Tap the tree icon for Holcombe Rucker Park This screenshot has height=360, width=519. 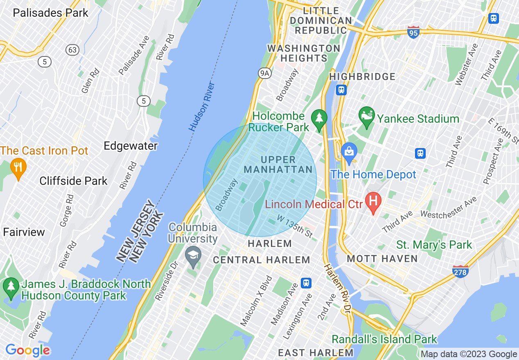point(318,119)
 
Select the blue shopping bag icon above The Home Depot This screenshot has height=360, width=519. point(349,152)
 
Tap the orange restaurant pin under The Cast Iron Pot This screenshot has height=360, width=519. point(18,167)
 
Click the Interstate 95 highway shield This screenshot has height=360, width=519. point(413,32)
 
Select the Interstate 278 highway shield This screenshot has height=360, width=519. point(460,272)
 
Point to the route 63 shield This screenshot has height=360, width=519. point(72,50)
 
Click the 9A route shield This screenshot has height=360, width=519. point(265,73)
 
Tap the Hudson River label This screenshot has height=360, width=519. point(202,107)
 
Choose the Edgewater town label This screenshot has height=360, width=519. point(130,146)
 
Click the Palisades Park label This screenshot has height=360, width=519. point(50,13)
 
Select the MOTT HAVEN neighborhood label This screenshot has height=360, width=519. point(382,259)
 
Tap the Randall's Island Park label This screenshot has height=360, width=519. point(384,339)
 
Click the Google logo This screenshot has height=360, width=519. point(27,350)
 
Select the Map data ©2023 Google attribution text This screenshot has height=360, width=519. point(469,354)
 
